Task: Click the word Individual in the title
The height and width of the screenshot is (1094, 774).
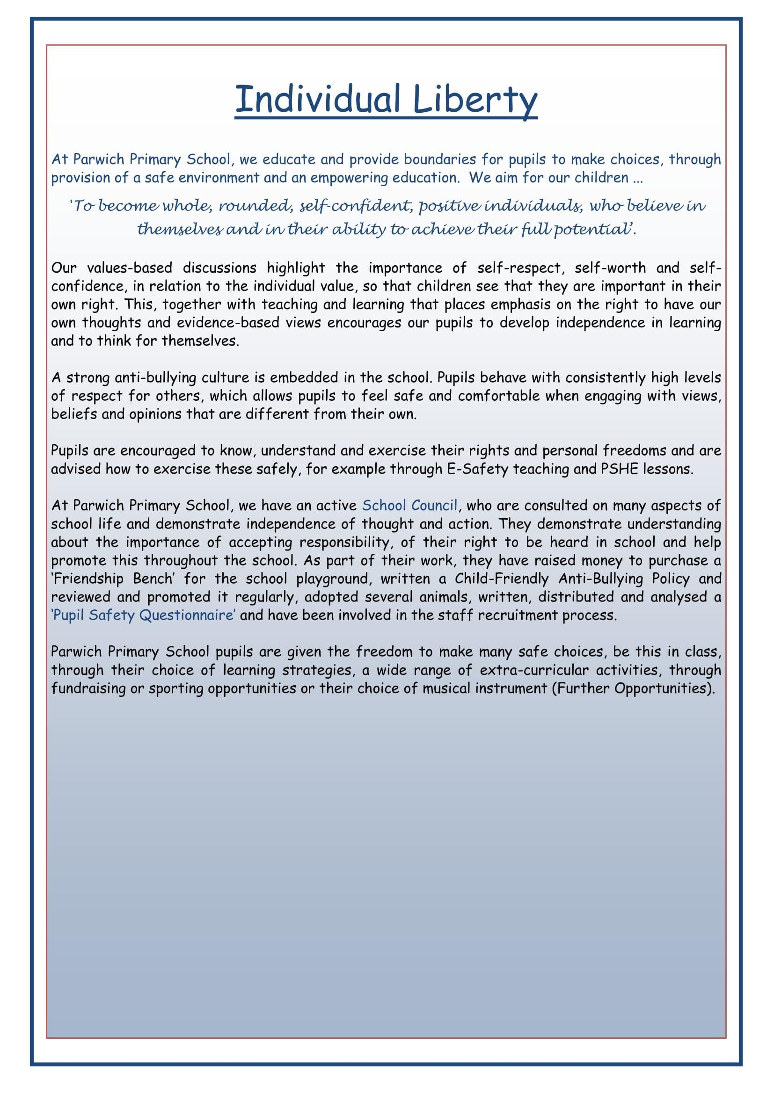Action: pos(317,99)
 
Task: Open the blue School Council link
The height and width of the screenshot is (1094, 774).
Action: pos(410,505)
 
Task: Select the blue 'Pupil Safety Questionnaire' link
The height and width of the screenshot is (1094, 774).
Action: pos(144,615)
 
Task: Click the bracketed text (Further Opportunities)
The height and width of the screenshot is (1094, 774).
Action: pos(634,688)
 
